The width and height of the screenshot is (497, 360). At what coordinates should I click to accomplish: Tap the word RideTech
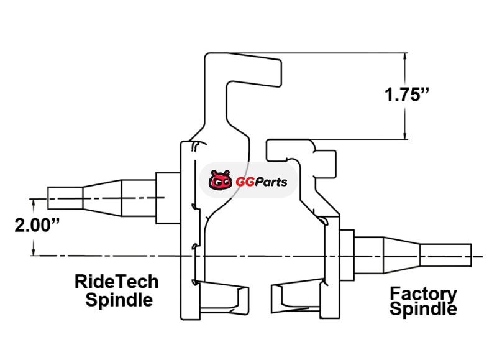(116, 282)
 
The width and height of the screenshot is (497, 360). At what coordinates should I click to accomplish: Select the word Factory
(423, 293)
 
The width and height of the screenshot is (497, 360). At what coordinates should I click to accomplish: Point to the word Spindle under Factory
(423, 308)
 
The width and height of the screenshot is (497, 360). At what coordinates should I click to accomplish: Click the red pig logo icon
(221, 182)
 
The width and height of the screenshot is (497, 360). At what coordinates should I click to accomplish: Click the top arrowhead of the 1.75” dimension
(405, 57)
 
